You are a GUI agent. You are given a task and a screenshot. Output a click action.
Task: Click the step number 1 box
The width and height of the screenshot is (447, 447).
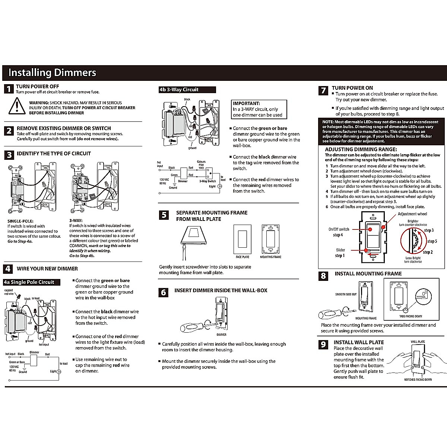click(9, 89)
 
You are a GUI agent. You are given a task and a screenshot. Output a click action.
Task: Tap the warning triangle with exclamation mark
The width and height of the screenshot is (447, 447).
click(17, 106)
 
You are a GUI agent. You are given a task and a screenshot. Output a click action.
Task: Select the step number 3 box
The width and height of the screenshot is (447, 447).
click(9, 155)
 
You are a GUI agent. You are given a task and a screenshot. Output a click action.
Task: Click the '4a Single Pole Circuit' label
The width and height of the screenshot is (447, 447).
click(32, 282)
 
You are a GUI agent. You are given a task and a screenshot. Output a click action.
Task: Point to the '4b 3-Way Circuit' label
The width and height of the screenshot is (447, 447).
click(187, 89)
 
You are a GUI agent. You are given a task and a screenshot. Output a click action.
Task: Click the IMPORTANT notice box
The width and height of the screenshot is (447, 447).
click(259, 110)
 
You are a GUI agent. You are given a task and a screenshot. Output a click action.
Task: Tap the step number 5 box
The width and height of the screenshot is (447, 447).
click(164, 215)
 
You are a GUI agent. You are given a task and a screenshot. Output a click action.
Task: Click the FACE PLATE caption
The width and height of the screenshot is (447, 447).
click(242, 257)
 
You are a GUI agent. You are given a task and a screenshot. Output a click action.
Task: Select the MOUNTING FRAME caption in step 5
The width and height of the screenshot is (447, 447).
click(271, 257)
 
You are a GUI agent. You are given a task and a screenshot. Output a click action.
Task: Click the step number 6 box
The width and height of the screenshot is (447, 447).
click(163, 292)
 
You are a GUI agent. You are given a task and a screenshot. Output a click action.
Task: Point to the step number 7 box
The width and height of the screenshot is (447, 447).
click(323, 91)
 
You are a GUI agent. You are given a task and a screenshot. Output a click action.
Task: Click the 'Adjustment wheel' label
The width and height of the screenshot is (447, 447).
click(412, 214)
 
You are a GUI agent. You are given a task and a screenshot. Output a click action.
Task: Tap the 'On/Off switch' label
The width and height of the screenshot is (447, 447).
click(339, 229)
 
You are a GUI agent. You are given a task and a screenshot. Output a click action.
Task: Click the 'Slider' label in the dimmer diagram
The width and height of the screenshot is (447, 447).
click(340, 250)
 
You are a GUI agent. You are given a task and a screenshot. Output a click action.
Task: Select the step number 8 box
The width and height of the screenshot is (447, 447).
click(323, 276)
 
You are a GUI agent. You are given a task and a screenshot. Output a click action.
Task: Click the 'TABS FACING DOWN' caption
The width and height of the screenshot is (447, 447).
click(410, 316)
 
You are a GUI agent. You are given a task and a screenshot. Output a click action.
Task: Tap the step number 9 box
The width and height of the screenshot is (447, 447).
click(323, 345)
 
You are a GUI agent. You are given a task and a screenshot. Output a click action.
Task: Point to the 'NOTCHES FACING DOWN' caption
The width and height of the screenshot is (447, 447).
click(418, 380)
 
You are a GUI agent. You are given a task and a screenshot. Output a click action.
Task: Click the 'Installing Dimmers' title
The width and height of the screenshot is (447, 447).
click(52, 73)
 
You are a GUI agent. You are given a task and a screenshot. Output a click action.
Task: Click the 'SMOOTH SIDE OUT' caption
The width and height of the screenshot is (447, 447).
click(346, 294)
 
